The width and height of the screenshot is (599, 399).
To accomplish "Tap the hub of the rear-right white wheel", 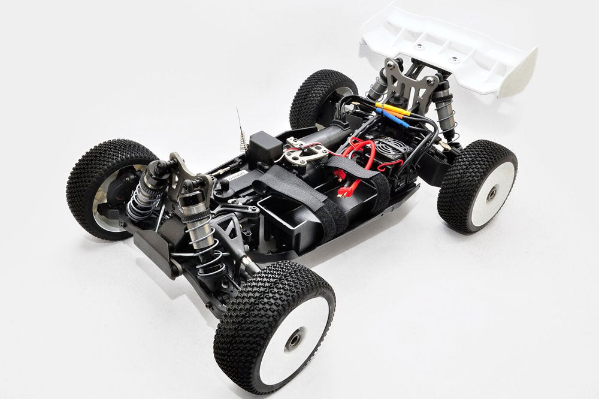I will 491,194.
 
